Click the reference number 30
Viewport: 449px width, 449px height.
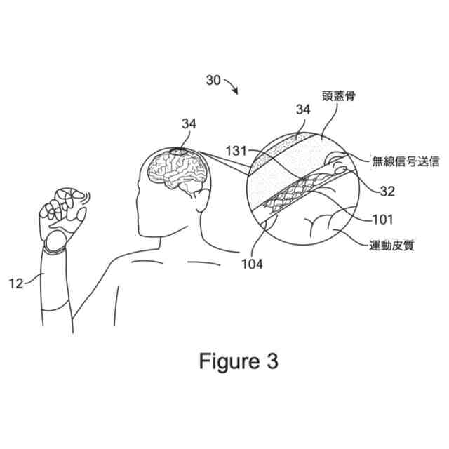[x=214, y=80]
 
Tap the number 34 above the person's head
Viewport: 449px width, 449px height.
[x=189, y=124]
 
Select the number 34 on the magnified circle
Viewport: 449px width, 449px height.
[x=303, y=110]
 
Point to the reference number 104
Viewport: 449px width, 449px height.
[x=250, y=264]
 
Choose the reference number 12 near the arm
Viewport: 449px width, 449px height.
[x=16, y=283]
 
